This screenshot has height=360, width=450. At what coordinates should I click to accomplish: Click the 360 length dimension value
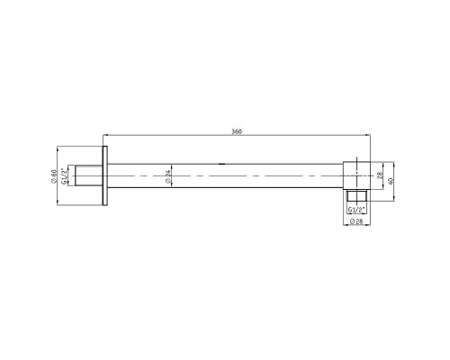[236, 132]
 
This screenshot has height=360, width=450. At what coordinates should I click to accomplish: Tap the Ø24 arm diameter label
[168, 176]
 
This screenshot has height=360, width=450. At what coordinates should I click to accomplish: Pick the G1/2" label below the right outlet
[356, 211]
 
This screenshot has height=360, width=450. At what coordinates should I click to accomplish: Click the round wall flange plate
[106, 175]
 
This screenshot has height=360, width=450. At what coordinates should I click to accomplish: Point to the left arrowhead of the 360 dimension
[107, 137]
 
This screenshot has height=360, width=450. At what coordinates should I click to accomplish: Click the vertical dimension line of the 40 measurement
[384, 176]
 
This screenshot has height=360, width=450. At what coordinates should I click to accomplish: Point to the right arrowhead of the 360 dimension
[368, 137]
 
